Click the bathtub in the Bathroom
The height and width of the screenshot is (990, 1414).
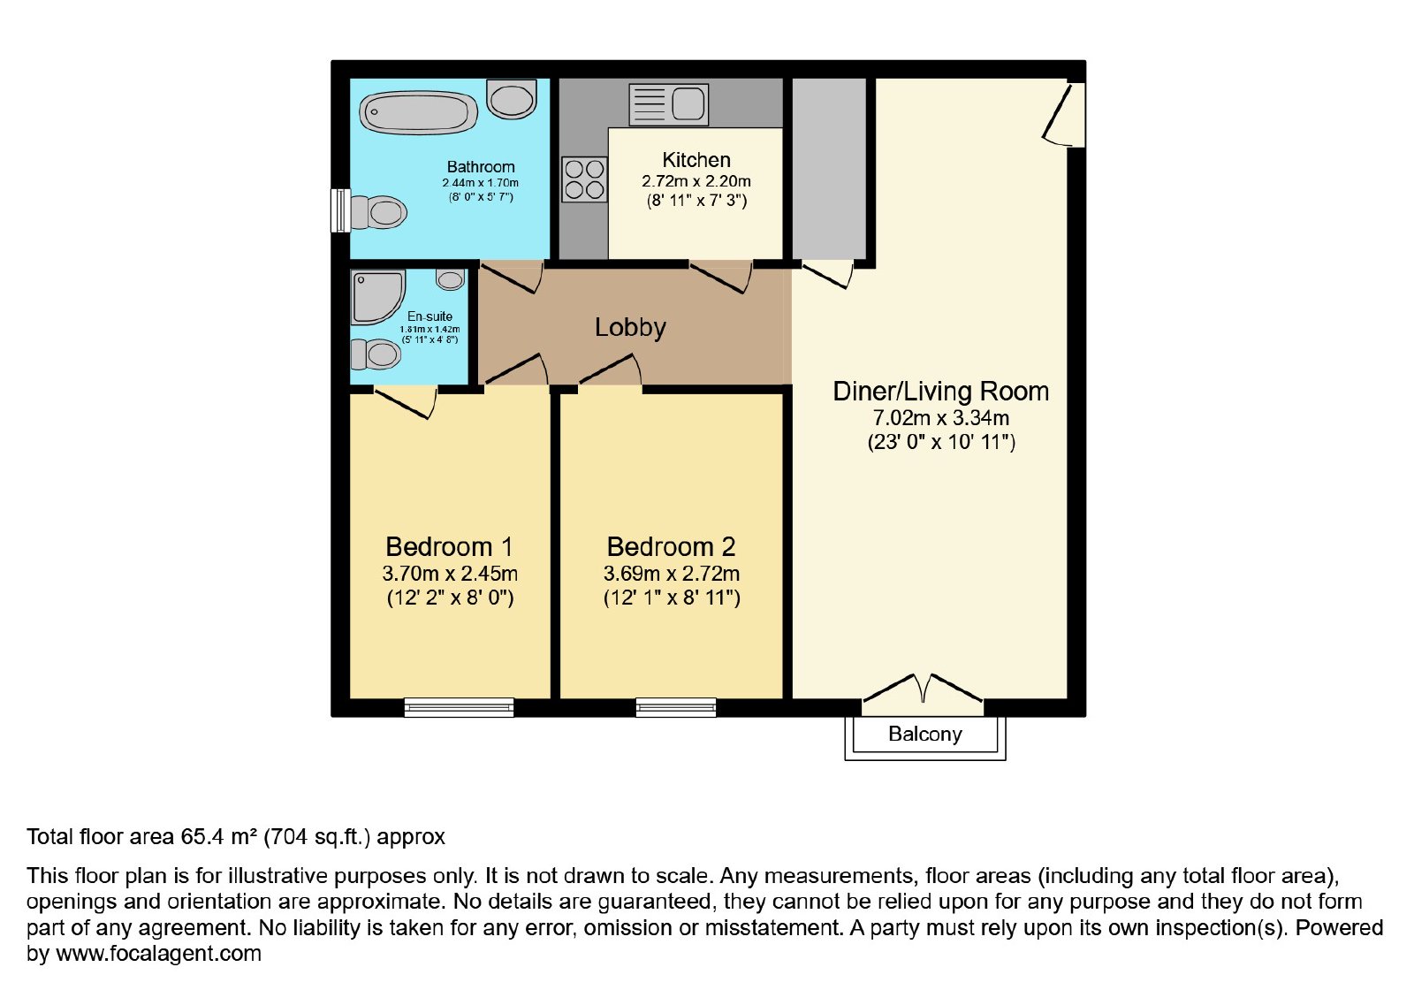click(418, 113)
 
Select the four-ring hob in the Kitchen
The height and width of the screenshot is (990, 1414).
click(584, 179)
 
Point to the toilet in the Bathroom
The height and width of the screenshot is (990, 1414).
click(378, 211)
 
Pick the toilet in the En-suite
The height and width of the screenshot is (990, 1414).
click(376, 354)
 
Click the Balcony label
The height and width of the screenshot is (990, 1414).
click(924, 734)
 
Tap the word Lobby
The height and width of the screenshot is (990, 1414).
click(631, 327)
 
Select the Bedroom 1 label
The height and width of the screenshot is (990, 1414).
click(449, 546)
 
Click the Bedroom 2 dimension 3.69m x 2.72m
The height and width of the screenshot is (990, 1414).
click(672, 574)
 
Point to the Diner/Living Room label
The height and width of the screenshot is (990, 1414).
click(940, 392)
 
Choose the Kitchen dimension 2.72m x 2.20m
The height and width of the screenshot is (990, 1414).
click(696, 181)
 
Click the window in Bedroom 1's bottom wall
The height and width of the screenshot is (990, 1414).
click(459, 707)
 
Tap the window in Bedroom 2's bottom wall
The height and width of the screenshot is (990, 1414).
click(676, 707)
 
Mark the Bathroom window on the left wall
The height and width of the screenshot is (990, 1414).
click(341, 210)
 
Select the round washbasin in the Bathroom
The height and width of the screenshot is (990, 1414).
click(512, 100)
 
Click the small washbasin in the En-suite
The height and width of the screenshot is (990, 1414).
click(450, 279)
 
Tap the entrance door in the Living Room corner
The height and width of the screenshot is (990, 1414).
click(1063, 114)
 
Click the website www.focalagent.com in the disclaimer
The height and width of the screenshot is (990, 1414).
click(158, 953)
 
